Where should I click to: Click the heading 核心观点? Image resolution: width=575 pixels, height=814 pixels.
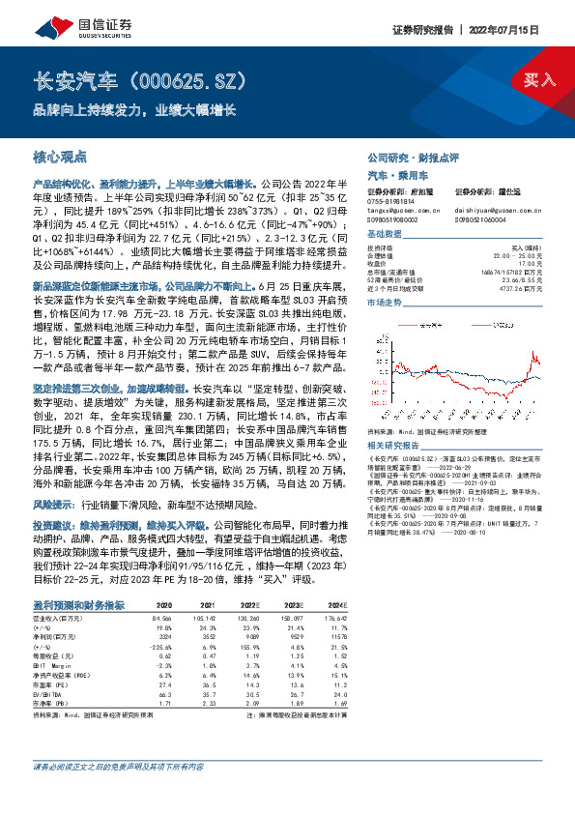(x=60, y=156)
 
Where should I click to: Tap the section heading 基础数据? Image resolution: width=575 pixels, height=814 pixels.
(x=384, y=236)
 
